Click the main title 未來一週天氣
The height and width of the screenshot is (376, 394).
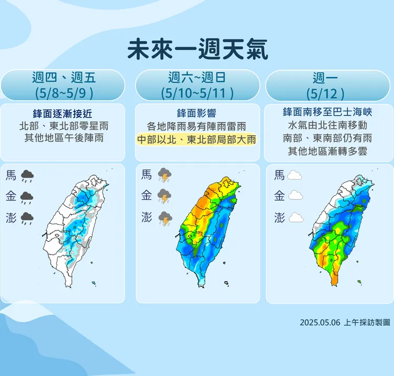pos(198,50)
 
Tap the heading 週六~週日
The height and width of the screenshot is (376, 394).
pos(197,78)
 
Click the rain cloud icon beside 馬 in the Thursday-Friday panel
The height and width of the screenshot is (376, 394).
pos(27,176)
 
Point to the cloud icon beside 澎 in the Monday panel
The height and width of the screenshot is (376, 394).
pos(295,218)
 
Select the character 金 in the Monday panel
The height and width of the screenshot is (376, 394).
pos(279,196)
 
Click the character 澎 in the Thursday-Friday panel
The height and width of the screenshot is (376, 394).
pos(11,218)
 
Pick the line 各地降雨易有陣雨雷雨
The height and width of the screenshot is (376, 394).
pos(197,126)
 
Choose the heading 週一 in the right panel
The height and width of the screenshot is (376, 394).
pos(327,78)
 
